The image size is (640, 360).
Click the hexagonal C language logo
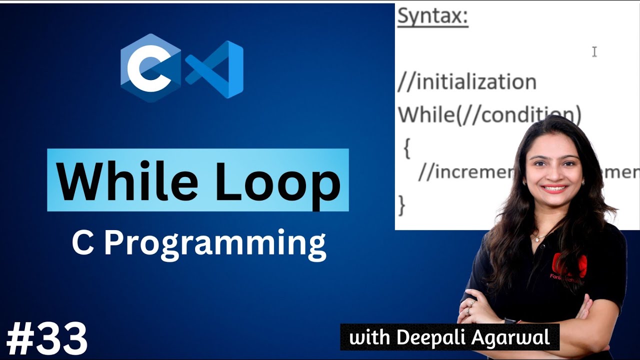click(150, 68)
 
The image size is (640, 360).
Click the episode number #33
click(47, 339)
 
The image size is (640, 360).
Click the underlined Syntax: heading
click(432, 17)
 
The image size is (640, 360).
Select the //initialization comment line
click(466, 82)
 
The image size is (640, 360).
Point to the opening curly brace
click(406, 149)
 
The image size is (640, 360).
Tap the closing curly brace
click(401, 205)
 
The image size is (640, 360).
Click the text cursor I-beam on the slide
click(594, 51)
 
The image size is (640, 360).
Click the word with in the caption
click(370, 337)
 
